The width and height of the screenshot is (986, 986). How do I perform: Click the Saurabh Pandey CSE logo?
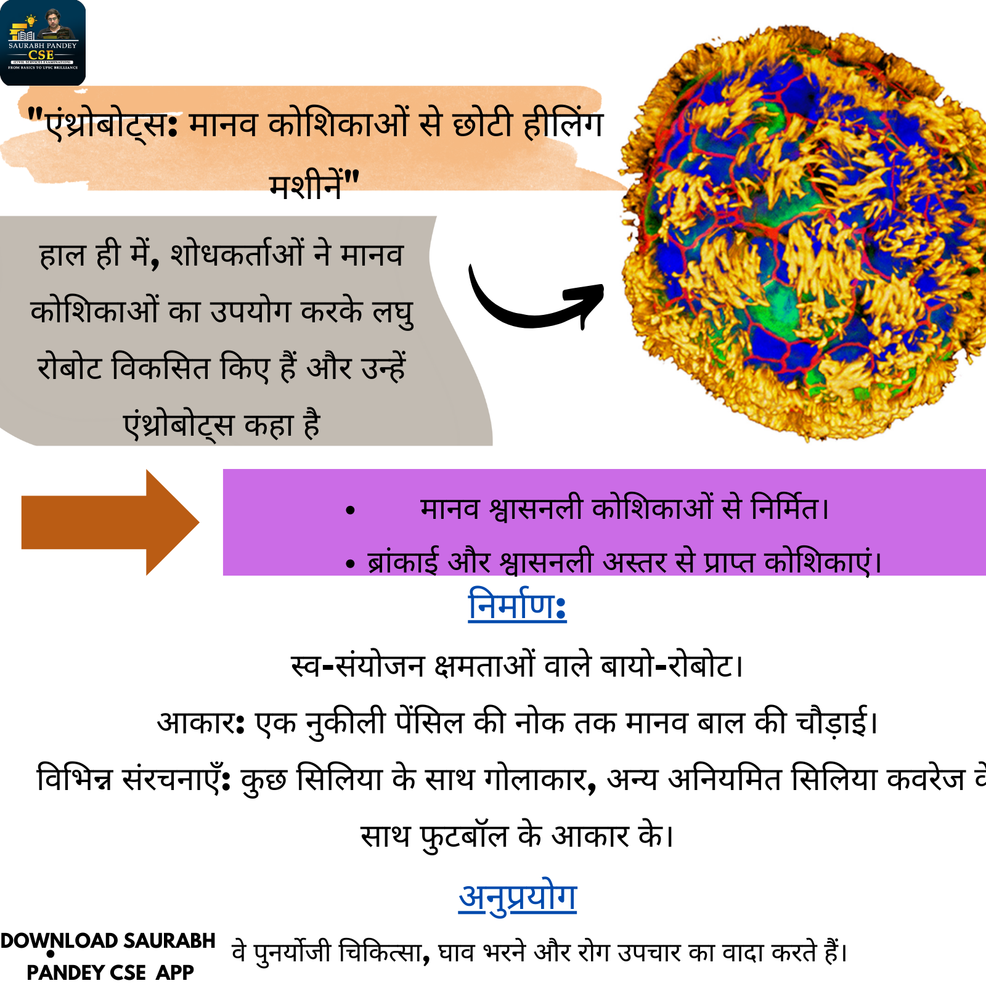pyautogui.click(x=43, y=43)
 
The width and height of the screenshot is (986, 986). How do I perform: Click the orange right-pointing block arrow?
pyautogui.click(x=110, y=522)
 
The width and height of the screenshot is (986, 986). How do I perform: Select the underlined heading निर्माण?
pyautogui.click(x=517, y=605)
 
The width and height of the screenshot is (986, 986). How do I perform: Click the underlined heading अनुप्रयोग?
pyautogui.click(x=518, y=897)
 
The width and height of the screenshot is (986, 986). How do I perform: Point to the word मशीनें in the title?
pyautogui.click(x=306, y=184)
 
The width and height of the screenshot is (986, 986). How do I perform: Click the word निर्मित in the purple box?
pyautogui.click(x=784, y=508)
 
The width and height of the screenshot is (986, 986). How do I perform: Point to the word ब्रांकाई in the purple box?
pyautogui.click(x=403, y=561)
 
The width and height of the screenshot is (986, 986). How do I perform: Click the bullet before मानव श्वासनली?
pyautogui.click(x=351, y=510)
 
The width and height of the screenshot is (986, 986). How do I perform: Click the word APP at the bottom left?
pyautogui.click(x=175, y=972)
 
